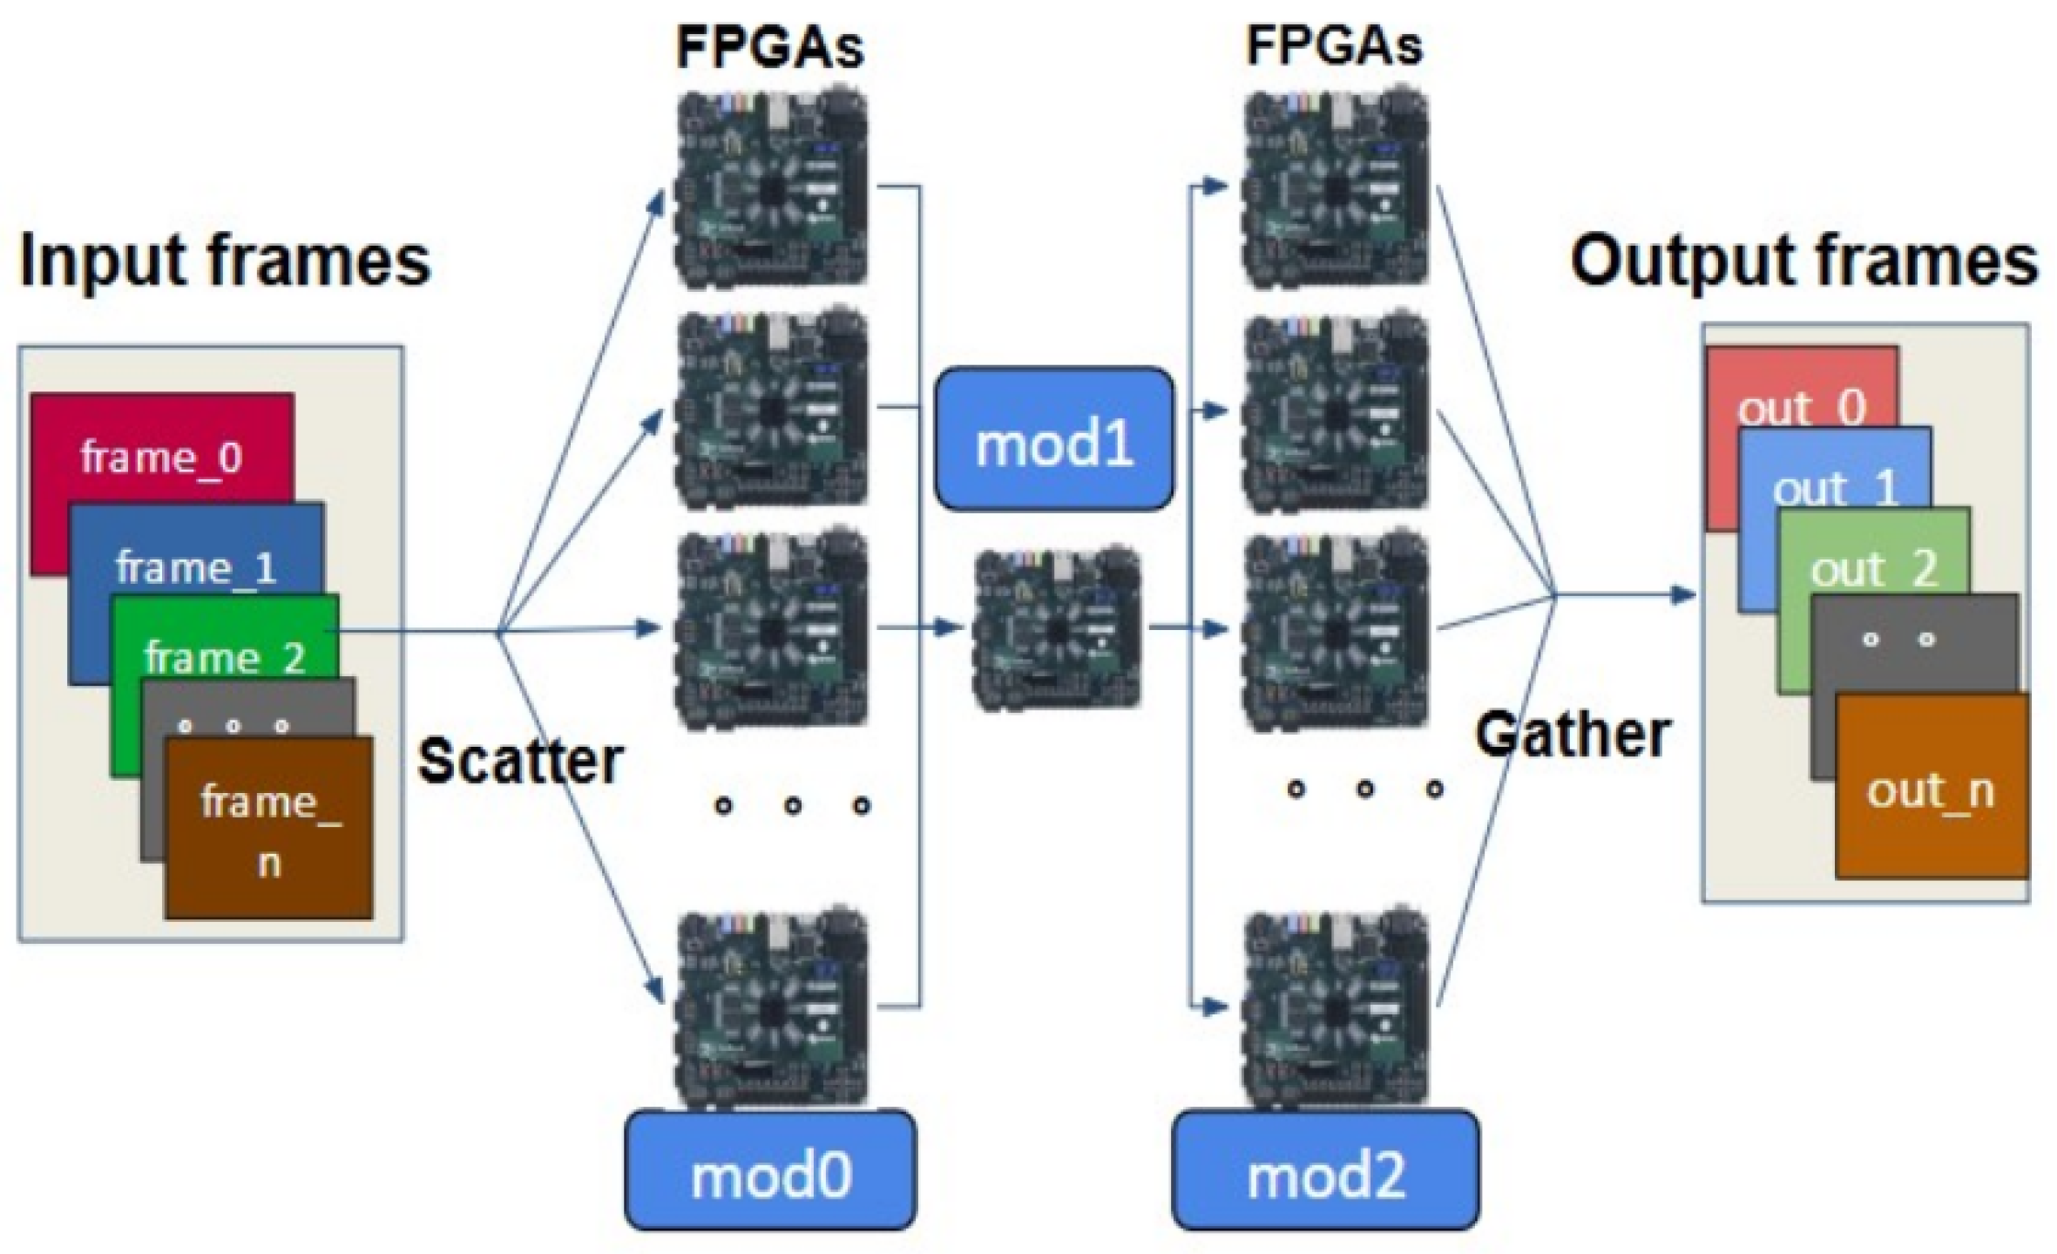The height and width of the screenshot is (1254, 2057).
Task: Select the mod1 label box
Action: coord(1054,438)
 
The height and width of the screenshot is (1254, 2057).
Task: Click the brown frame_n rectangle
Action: coord(268,827)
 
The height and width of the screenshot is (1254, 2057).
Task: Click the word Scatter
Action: coord(520,761)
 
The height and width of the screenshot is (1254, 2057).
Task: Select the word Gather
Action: coord(1573,735)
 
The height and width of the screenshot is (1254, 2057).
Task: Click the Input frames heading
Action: coord(225,259)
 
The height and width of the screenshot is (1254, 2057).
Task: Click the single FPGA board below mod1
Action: coord(1057,628)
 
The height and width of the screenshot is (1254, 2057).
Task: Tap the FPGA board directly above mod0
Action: coord(771,1009)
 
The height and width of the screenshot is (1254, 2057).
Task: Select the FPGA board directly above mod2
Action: coord(1336,1009)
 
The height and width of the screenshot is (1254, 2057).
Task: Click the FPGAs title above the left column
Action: coord(769,48)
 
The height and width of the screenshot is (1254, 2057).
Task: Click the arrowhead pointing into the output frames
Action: coord(1683,595)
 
